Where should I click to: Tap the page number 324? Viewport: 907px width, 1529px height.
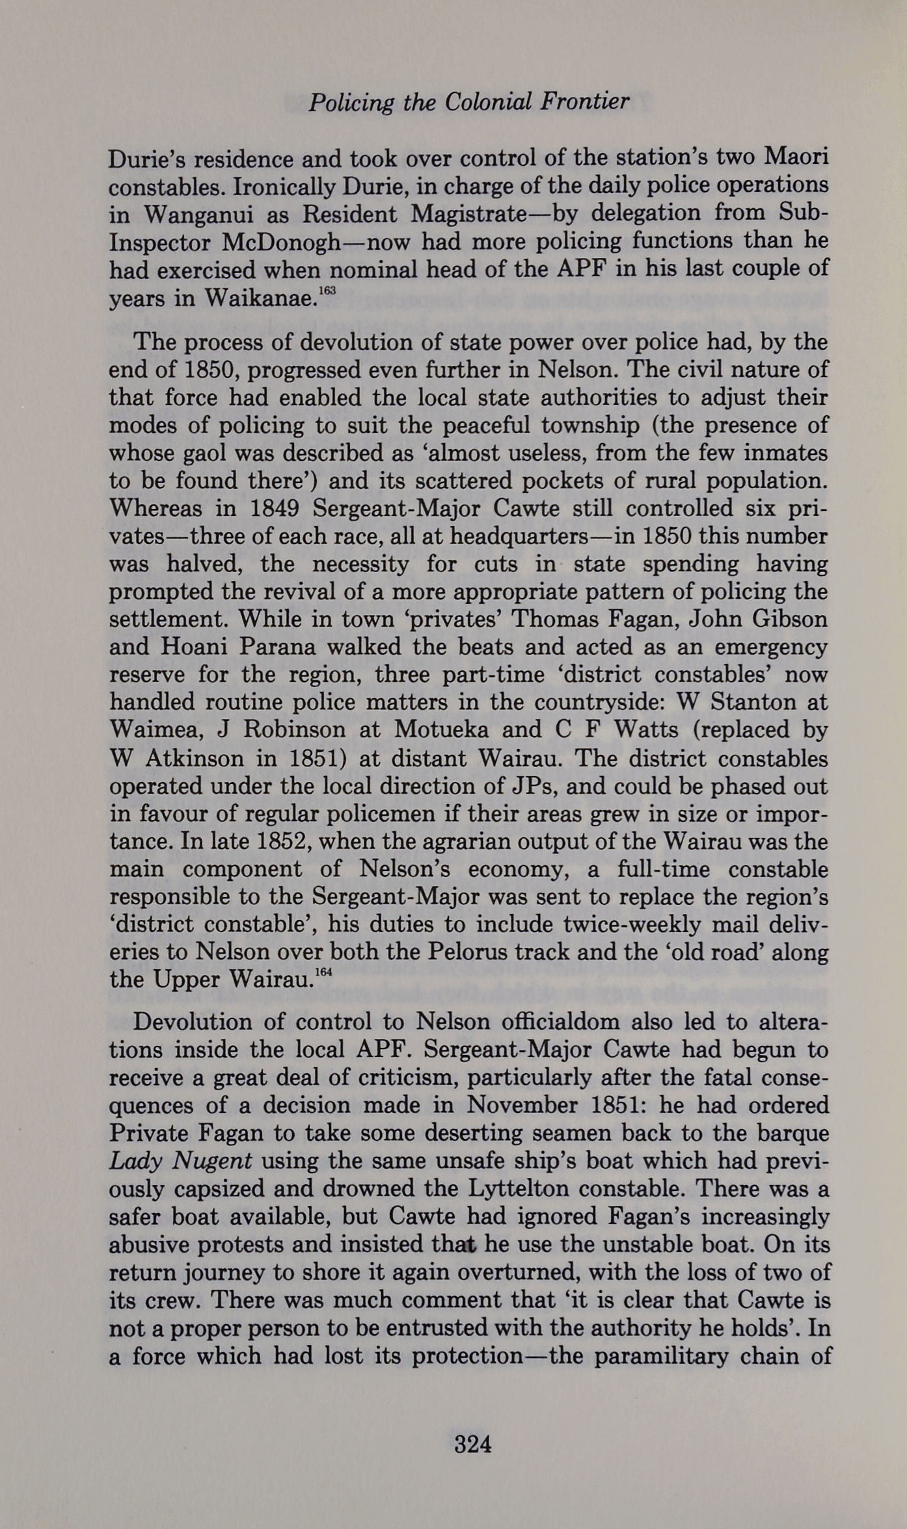[473, 1444]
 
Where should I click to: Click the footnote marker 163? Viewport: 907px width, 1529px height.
[327, 291]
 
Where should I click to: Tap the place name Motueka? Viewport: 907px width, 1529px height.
[442, 730]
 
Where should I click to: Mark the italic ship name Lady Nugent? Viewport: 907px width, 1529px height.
[181, 1161]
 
